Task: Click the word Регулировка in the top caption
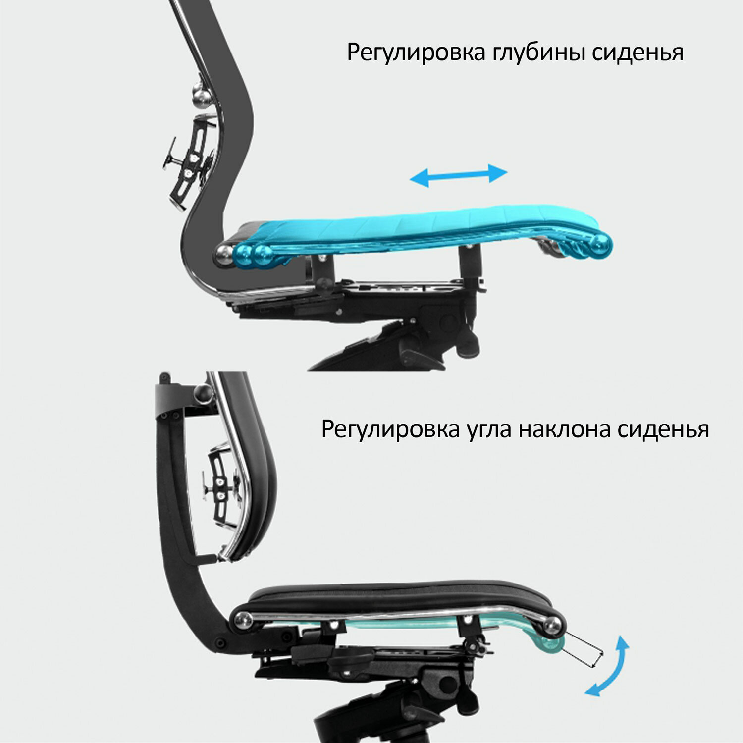point(416,53)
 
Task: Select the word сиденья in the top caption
point(638,53)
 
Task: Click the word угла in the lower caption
point(488,429)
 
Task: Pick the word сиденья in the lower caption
point(663,429)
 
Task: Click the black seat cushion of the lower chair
point(396,597)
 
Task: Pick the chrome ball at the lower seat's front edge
point(553,626)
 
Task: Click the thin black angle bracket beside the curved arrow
point(584,650)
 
